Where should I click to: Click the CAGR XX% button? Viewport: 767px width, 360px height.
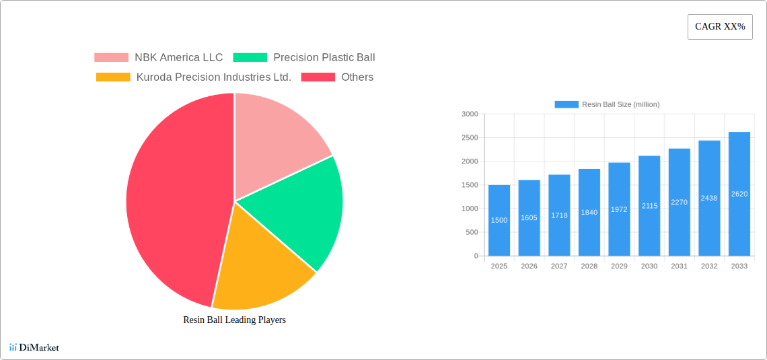pos(720,27)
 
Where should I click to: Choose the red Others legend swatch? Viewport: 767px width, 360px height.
pos(318,77)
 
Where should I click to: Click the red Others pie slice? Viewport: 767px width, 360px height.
pos(168,202)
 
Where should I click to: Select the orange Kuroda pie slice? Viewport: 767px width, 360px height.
pos(259,269)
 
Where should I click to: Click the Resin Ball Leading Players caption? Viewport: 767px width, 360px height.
pos(234,320)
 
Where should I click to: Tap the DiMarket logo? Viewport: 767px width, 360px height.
pos(34,347)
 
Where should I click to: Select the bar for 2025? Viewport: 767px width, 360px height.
pos(499,221)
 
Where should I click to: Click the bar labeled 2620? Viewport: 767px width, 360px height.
pos(739,194)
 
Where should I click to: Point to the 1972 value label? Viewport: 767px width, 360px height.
pos(619,209)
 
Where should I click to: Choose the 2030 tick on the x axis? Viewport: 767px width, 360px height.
pos(649,266)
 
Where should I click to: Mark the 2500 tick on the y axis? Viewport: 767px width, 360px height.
pos(470,138)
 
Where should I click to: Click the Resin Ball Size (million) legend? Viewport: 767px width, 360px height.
pos(607,104)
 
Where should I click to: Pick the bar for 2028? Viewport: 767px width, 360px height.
pos(589,213)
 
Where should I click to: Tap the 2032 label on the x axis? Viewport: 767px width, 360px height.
pos(709,266)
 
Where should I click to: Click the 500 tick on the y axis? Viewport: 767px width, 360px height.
pos(472,232)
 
